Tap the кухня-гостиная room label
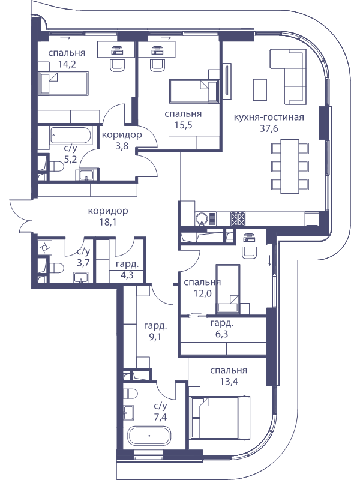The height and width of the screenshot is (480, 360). click(x=269, y=118)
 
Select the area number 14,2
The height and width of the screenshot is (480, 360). click(x=67, y=65)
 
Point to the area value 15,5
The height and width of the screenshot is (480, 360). click(x=183, y=125)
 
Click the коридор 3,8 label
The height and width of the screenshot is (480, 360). click(x=122, y=140)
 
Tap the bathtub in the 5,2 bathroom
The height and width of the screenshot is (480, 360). click(x=71, y=135)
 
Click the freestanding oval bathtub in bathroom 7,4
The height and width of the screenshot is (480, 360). click(x=149, y=436)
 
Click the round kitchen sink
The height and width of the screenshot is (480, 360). click(x=201, y=218)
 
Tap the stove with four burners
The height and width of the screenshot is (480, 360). click(x=238, y=218)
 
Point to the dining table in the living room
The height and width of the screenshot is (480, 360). click(x=290, y=166)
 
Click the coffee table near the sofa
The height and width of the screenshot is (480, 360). click(x=260, y=89)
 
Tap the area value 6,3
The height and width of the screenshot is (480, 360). click(x=221, y=334)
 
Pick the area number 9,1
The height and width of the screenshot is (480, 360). click(x=155, y=337)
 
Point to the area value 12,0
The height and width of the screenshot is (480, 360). click(x=202, y=293)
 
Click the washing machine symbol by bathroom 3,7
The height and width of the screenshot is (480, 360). click(x=43, y=247)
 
